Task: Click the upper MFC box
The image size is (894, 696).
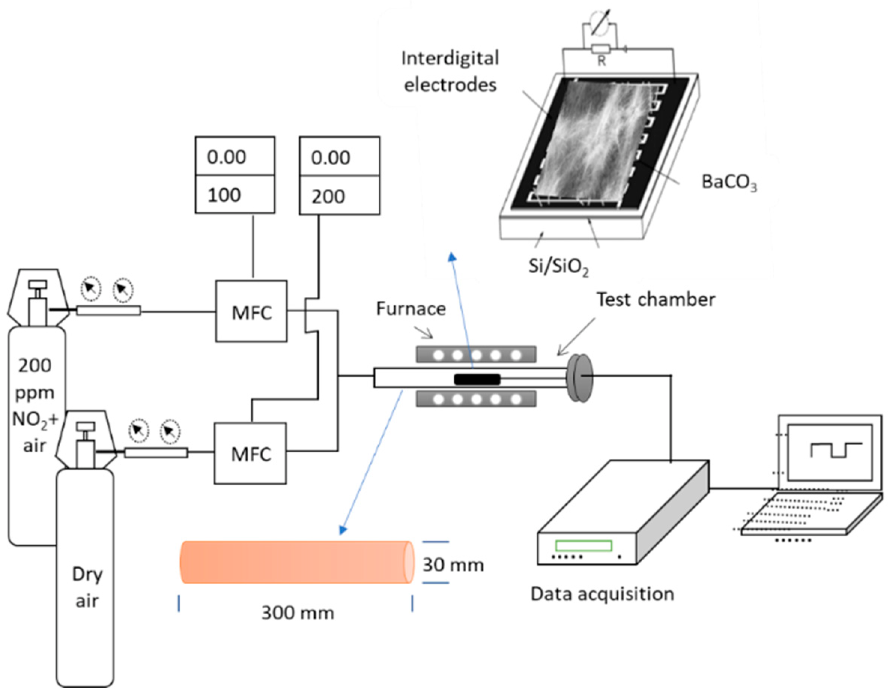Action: tap(251, 311)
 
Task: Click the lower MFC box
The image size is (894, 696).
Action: tap(251, 453)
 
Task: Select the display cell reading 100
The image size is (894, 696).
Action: tap(234, 195)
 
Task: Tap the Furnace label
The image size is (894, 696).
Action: tap(410, 309)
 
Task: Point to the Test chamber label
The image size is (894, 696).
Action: tap(655, 299)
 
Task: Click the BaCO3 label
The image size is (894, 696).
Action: tap(728, 182)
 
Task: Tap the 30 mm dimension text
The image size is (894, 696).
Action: tap(453, 565)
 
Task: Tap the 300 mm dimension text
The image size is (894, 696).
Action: tap(298, 613)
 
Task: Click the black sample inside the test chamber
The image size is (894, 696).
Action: tap(477, 379)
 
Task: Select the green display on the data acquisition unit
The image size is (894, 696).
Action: tap(583, 546)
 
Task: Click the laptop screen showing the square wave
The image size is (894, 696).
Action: tap(830, 452)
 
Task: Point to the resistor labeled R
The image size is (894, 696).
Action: tap(600, 50)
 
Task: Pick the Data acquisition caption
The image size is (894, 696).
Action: tap(602, 594)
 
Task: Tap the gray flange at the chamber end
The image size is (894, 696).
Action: tap(580, 377)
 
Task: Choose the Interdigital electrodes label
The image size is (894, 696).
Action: tap(450, 72)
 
